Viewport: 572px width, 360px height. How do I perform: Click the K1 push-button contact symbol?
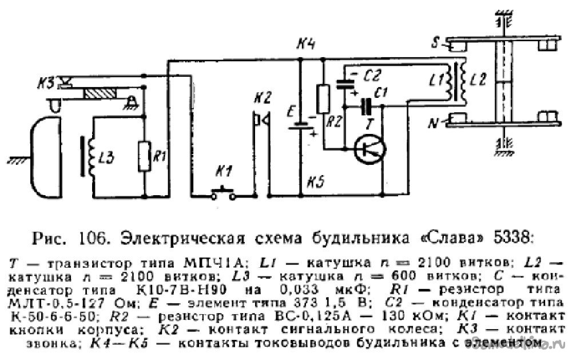click(224, 195)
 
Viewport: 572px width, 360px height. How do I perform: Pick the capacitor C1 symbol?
click(366, 105)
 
